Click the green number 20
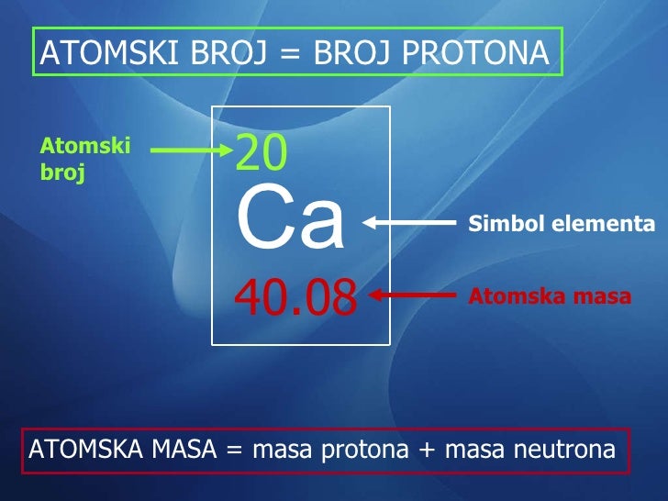click(x=262, y=154)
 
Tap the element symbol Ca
click(x=290, y=221)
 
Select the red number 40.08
click(x=295, y=296)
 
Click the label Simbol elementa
click(x=562, y=224)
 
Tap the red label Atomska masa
click(x=550, y=296)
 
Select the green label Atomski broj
click(x=85, y=159)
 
